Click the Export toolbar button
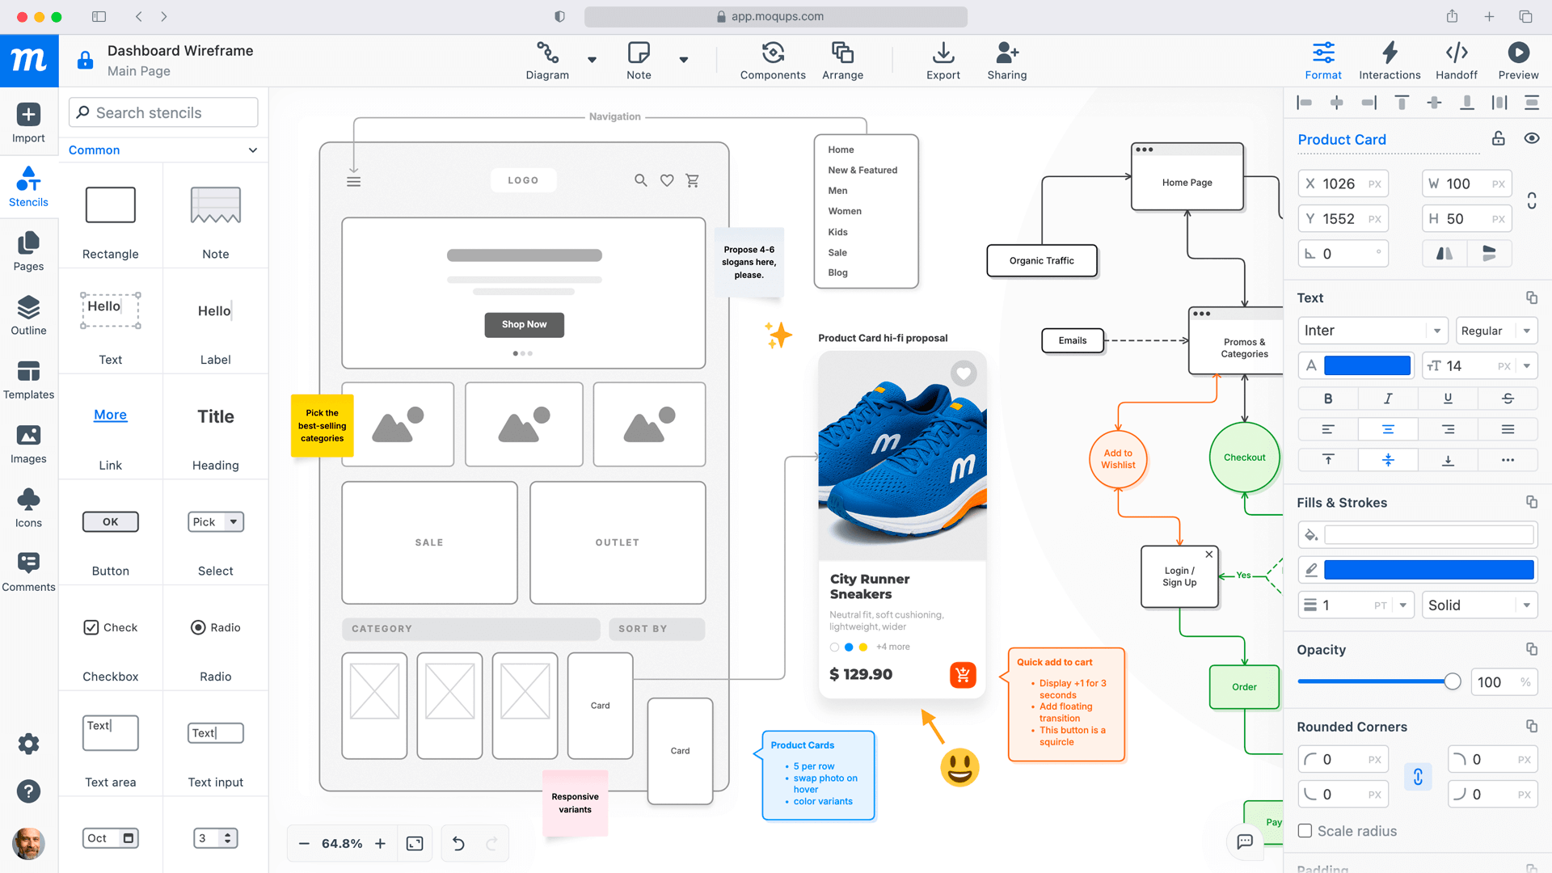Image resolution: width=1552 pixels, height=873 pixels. (x=943, y=61)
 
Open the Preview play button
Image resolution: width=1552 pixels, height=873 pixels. (x=1517, y=61)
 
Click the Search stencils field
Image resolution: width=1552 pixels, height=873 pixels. (x=164, y=112)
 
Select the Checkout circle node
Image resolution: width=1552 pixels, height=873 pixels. (x=1244, y=458)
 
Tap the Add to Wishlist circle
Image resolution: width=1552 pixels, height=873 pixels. (x=1118, y=459)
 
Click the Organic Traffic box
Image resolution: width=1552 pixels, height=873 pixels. (x=1041, y=260)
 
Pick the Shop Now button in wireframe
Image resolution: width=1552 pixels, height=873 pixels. (x=524, y=324)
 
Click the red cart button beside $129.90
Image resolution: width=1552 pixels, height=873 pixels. (x=963, y=674)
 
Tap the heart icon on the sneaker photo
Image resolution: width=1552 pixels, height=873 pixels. (x=963, y=373)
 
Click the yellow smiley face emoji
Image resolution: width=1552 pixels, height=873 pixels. (x=959, y=767)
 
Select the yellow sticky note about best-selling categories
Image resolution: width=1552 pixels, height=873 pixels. (x=322, y=425)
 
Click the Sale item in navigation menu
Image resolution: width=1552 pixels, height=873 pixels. (x=837, y=252)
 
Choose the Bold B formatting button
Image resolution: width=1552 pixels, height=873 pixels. (x=1327, y=399)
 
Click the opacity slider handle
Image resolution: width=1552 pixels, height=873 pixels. (x=1452, y=681)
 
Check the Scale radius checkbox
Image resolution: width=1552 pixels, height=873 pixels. (x=1305, y=831)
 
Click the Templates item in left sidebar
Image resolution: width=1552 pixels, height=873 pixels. (x=28, y=379)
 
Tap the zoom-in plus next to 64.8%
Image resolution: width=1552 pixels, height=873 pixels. (x=380, y=843)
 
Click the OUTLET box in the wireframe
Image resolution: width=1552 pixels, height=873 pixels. (x=617, y=542)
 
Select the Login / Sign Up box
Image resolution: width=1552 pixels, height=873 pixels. (x=1179, y=576)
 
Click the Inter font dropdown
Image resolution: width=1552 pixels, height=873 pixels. (x=1371, y=331)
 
